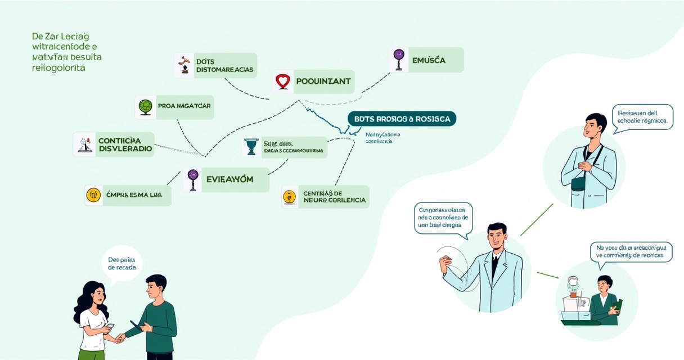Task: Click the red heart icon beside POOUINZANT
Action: tap(283, 82)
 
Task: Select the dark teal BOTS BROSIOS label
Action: tap(402, 119)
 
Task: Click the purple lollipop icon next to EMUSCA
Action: tap(399, 59)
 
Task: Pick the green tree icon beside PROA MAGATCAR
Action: tap(146, 106)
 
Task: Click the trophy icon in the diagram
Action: tap(251, 146)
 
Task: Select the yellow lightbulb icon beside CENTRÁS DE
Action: tap(289, 197)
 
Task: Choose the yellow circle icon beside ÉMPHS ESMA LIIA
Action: tap(93, 195)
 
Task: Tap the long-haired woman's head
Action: tap(94, 294)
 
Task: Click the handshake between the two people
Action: tap(120, 338)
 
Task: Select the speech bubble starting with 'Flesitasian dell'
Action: tap(642, 117)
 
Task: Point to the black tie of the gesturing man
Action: tap(494, 265)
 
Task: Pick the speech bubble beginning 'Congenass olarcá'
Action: tap(443, 217)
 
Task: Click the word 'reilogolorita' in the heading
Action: tap(58, 67)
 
